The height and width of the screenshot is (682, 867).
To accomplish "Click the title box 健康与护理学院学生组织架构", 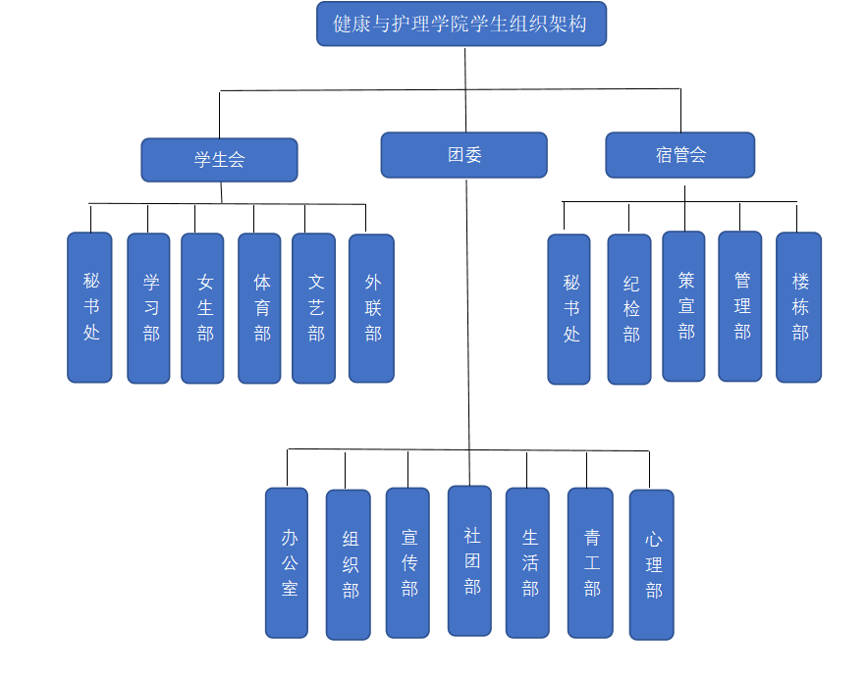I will pos(461,24).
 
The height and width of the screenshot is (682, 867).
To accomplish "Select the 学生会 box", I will pos(219,159).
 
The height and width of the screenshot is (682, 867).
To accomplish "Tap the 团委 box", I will pos(463,155).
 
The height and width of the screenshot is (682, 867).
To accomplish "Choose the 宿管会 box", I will pos(679,155).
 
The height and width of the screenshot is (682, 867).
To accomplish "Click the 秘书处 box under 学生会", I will pos(90,307).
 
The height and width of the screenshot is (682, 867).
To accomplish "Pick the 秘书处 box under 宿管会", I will pos(569,309).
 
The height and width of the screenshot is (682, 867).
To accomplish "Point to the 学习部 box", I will pos(149,307).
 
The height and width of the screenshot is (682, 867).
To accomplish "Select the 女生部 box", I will pos(203,307).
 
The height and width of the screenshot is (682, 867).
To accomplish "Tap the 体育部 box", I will pos(260,307).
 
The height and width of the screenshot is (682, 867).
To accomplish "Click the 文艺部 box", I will pos(314,307).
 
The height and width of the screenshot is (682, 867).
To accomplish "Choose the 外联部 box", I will pos(371,307).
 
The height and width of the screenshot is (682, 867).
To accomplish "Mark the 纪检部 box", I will pos(629,309).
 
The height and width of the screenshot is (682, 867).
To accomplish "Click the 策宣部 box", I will pos(683,306).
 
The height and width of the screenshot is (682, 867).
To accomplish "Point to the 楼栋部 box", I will pos(798,307).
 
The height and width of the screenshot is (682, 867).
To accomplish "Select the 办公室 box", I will pos(287,562).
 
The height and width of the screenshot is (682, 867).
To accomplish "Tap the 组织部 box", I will pos(349,564).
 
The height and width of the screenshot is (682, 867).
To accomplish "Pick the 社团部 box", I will pos(469,560).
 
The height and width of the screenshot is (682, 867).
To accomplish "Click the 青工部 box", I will pos(590,562).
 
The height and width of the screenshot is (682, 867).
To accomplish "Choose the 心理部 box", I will pos(652,564).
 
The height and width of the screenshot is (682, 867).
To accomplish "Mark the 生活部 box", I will pos(528,562).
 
